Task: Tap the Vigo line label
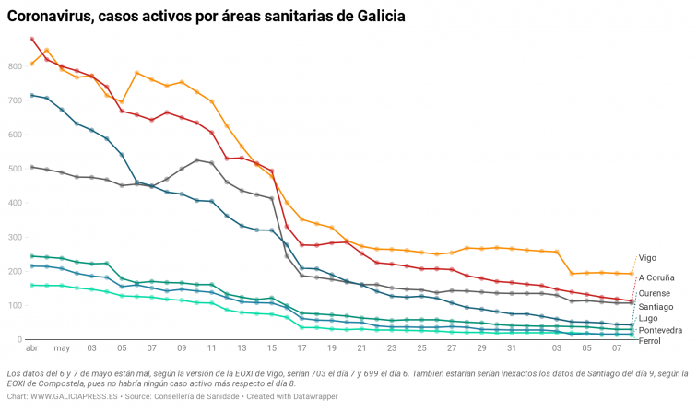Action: click(x=647, y=258)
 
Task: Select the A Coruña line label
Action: click(x=656, y=277)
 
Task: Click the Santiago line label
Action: click(x=656, y=306)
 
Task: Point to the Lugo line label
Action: click(x=647, y=318)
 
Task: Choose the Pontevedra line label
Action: click(x=660, y=329)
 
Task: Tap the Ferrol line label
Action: click(x=649, y=341)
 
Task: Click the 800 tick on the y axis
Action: click(x=16, y=66)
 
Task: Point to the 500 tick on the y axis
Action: click(x=16, y=169)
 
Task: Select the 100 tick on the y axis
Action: click(x=16, y=305)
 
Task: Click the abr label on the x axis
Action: click(x=32, y=348)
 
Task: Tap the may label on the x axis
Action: click(x=62, y=348)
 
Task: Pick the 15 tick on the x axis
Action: click(x=271, y=348)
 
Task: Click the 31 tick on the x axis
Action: click(x=511, y=348)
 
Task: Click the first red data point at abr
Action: click(x=32, y=40)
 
